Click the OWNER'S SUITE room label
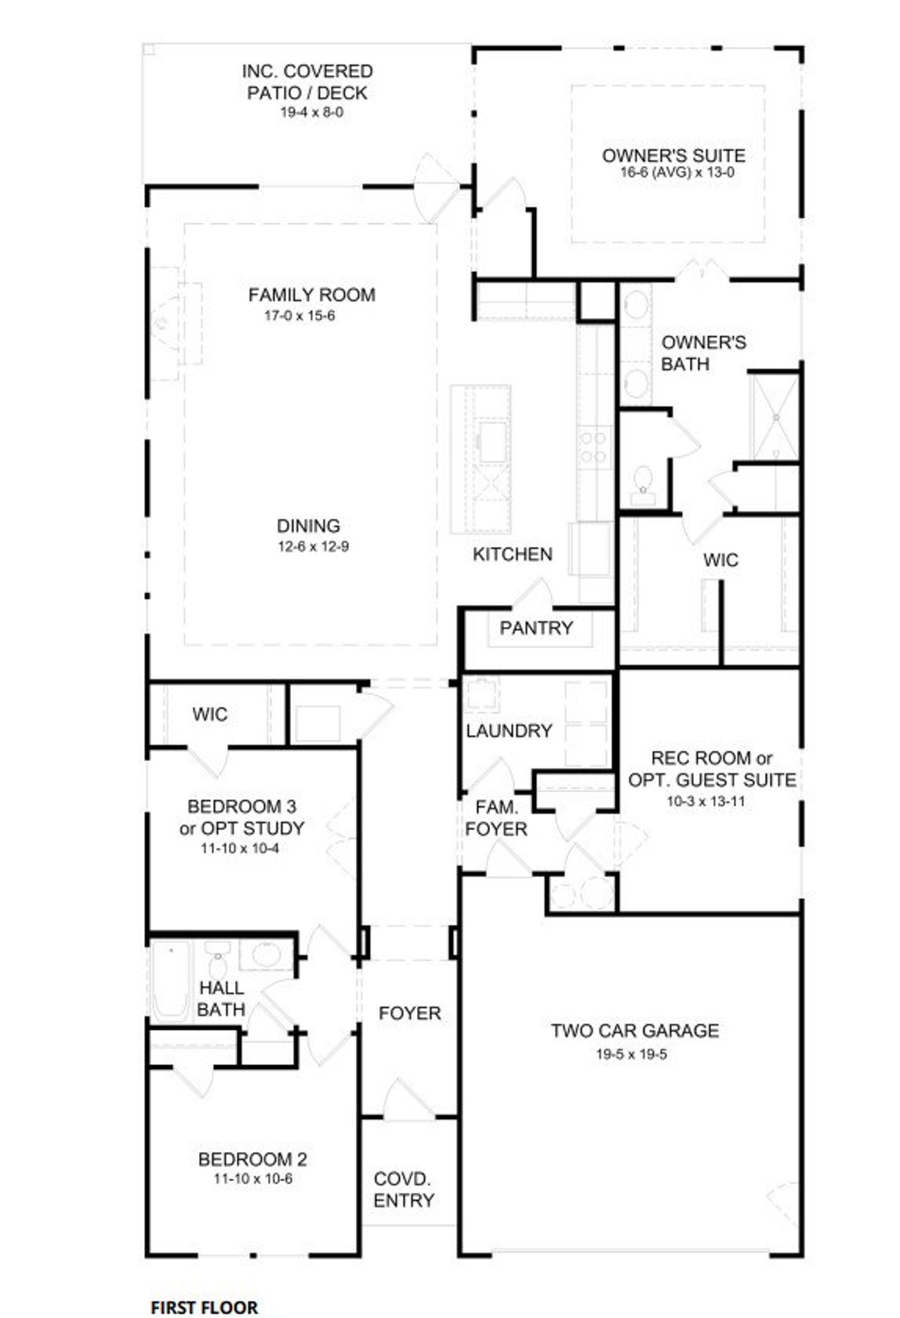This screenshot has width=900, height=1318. click(673, 155)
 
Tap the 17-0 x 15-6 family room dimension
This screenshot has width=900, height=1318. click(300, 316)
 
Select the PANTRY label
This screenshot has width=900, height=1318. click(536, 628)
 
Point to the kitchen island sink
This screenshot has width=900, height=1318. click(492, 441)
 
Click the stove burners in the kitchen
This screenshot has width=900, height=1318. click(593, 447)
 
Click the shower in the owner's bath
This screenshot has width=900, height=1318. click(776, 417)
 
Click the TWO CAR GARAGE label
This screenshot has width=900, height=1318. click(634, 1031)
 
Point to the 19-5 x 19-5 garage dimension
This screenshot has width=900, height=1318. click(631, 1054)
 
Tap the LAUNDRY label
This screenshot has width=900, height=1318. click(508, 731)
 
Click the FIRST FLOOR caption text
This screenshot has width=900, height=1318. click(204, 1306)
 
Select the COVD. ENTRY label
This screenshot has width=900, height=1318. click(403, 1189)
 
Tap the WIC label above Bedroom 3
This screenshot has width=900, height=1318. click(210, 714)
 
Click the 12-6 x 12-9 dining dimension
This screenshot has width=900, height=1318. click(313, 546)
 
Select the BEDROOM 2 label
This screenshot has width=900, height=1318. click(252, 1159)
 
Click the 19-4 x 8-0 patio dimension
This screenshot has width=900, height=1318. click(311, 112)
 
